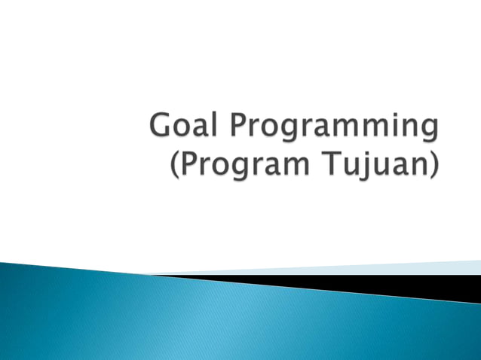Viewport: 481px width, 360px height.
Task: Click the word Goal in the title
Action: [181, 126]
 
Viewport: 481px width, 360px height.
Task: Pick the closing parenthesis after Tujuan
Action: [434, 166]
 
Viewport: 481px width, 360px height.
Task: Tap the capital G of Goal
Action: [161, 126]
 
